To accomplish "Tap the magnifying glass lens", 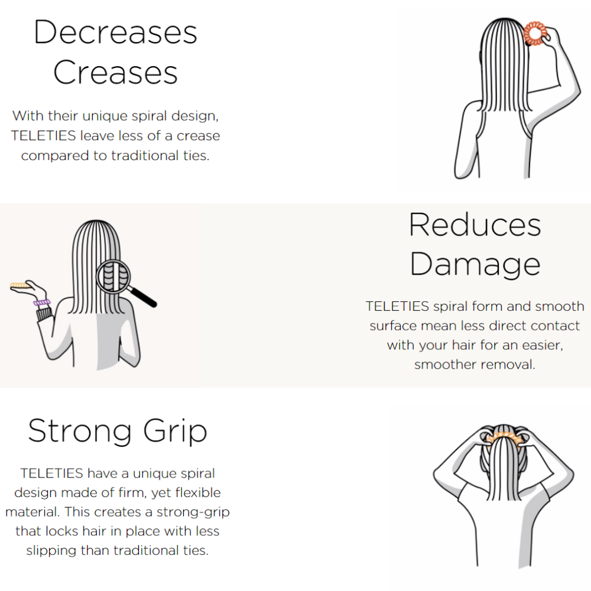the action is [113, 277].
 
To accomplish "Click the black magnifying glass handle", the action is [143, 297].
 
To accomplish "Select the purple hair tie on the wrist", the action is [41, 302].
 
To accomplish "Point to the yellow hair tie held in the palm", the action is [20, 285].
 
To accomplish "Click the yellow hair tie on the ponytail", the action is [504, 439].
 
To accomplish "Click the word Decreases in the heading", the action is [115, 33].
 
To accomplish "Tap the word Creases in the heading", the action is [115, 72].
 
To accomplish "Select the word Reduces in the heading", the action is [475, 225].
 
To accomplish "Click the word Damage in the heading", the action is [475, 265].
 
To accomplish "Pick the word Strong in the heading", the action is [80, 431].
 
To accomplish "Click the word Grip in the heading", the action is [176, 431].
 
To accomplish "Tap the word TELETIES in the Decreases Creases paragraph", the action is [43, 136].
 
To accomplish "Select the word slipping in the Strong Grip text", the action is [51, 551].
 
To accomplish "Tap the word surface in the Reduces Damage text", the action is [393, 326].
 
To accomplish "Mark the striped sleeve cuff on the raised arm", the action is [44, 314].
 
